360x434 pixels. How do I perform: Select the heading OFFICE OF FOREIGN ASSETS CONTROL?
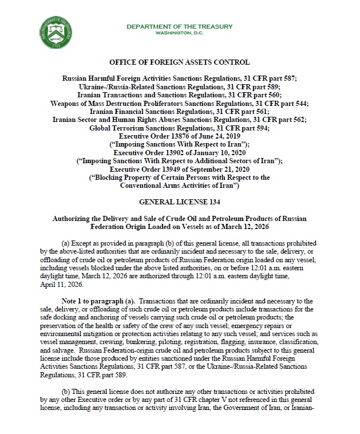[x=179, y=62]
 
